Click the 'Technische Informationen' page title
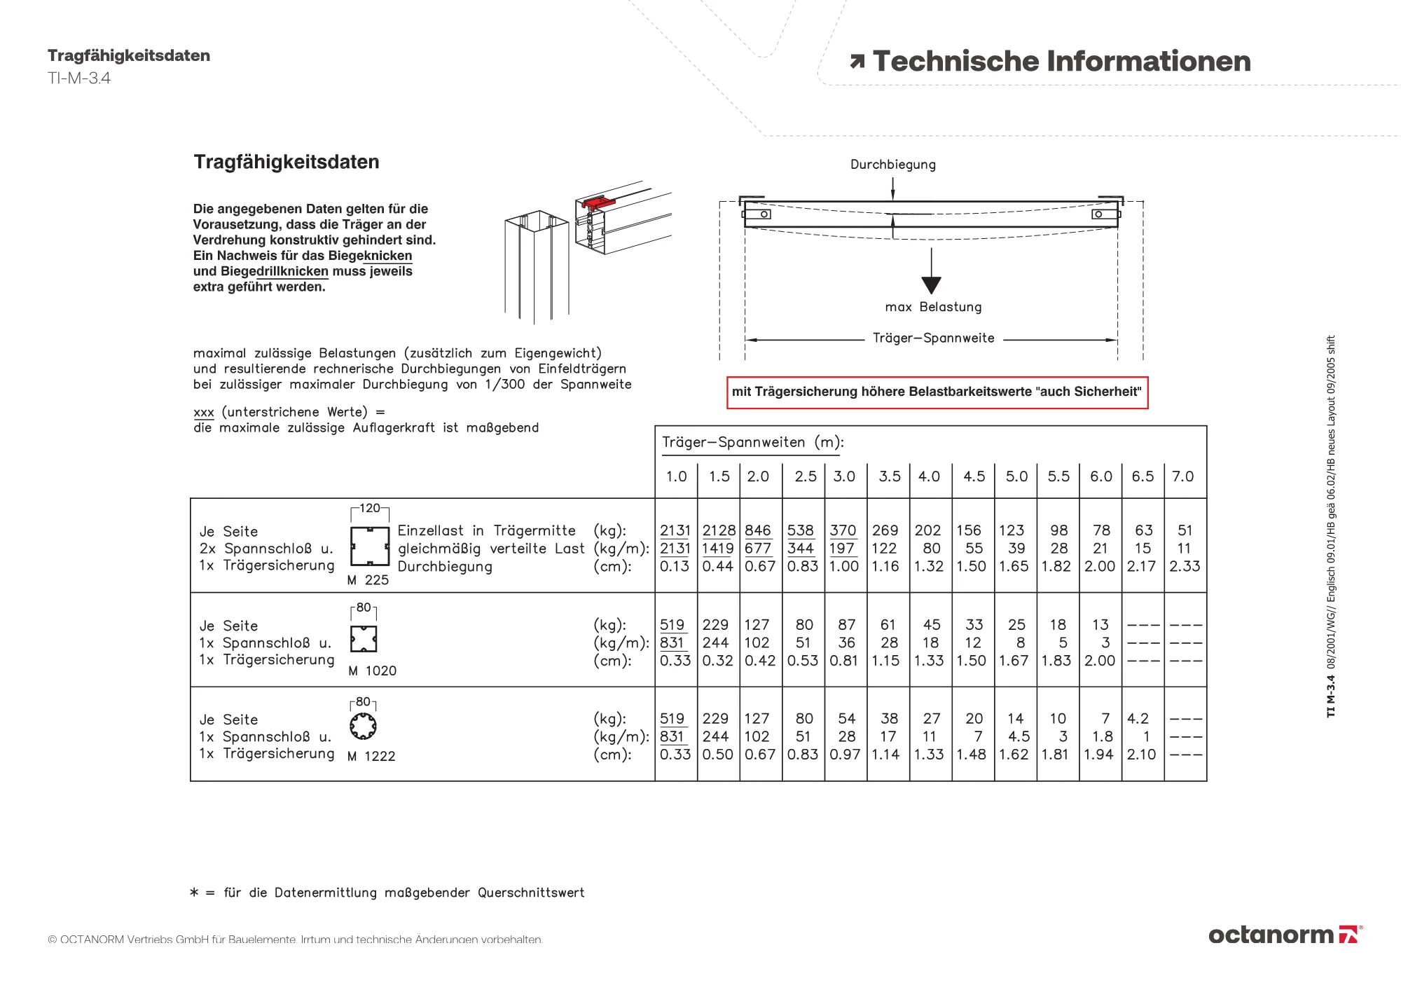(1061, 62)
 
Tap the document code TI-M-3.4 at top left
(79, 78)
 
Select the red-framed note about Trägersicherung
(937, 392)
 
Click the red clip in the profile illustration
(598, 203)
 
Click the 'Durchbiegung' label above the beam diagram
(892, 165)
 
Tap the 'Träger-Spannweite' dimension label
(933, 338)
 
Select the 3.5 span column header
(889, 476)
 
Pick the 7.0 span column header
(1182, 476)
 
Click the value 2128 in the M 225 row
(719, 530)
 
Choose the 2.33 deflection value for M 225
(1185, 566)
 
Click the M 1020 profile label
(372, 671)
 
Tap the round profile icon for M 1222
(363, 727)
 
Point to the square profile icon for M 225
(370, 546)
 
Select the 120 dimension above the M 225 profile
(370, 508)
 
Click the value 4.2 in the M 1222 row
(1138, 719)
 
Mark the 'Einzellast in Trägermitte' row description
(486, 531)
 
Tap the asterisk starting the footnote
(194, 892)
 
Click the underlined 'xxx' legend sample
(203, 413)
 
